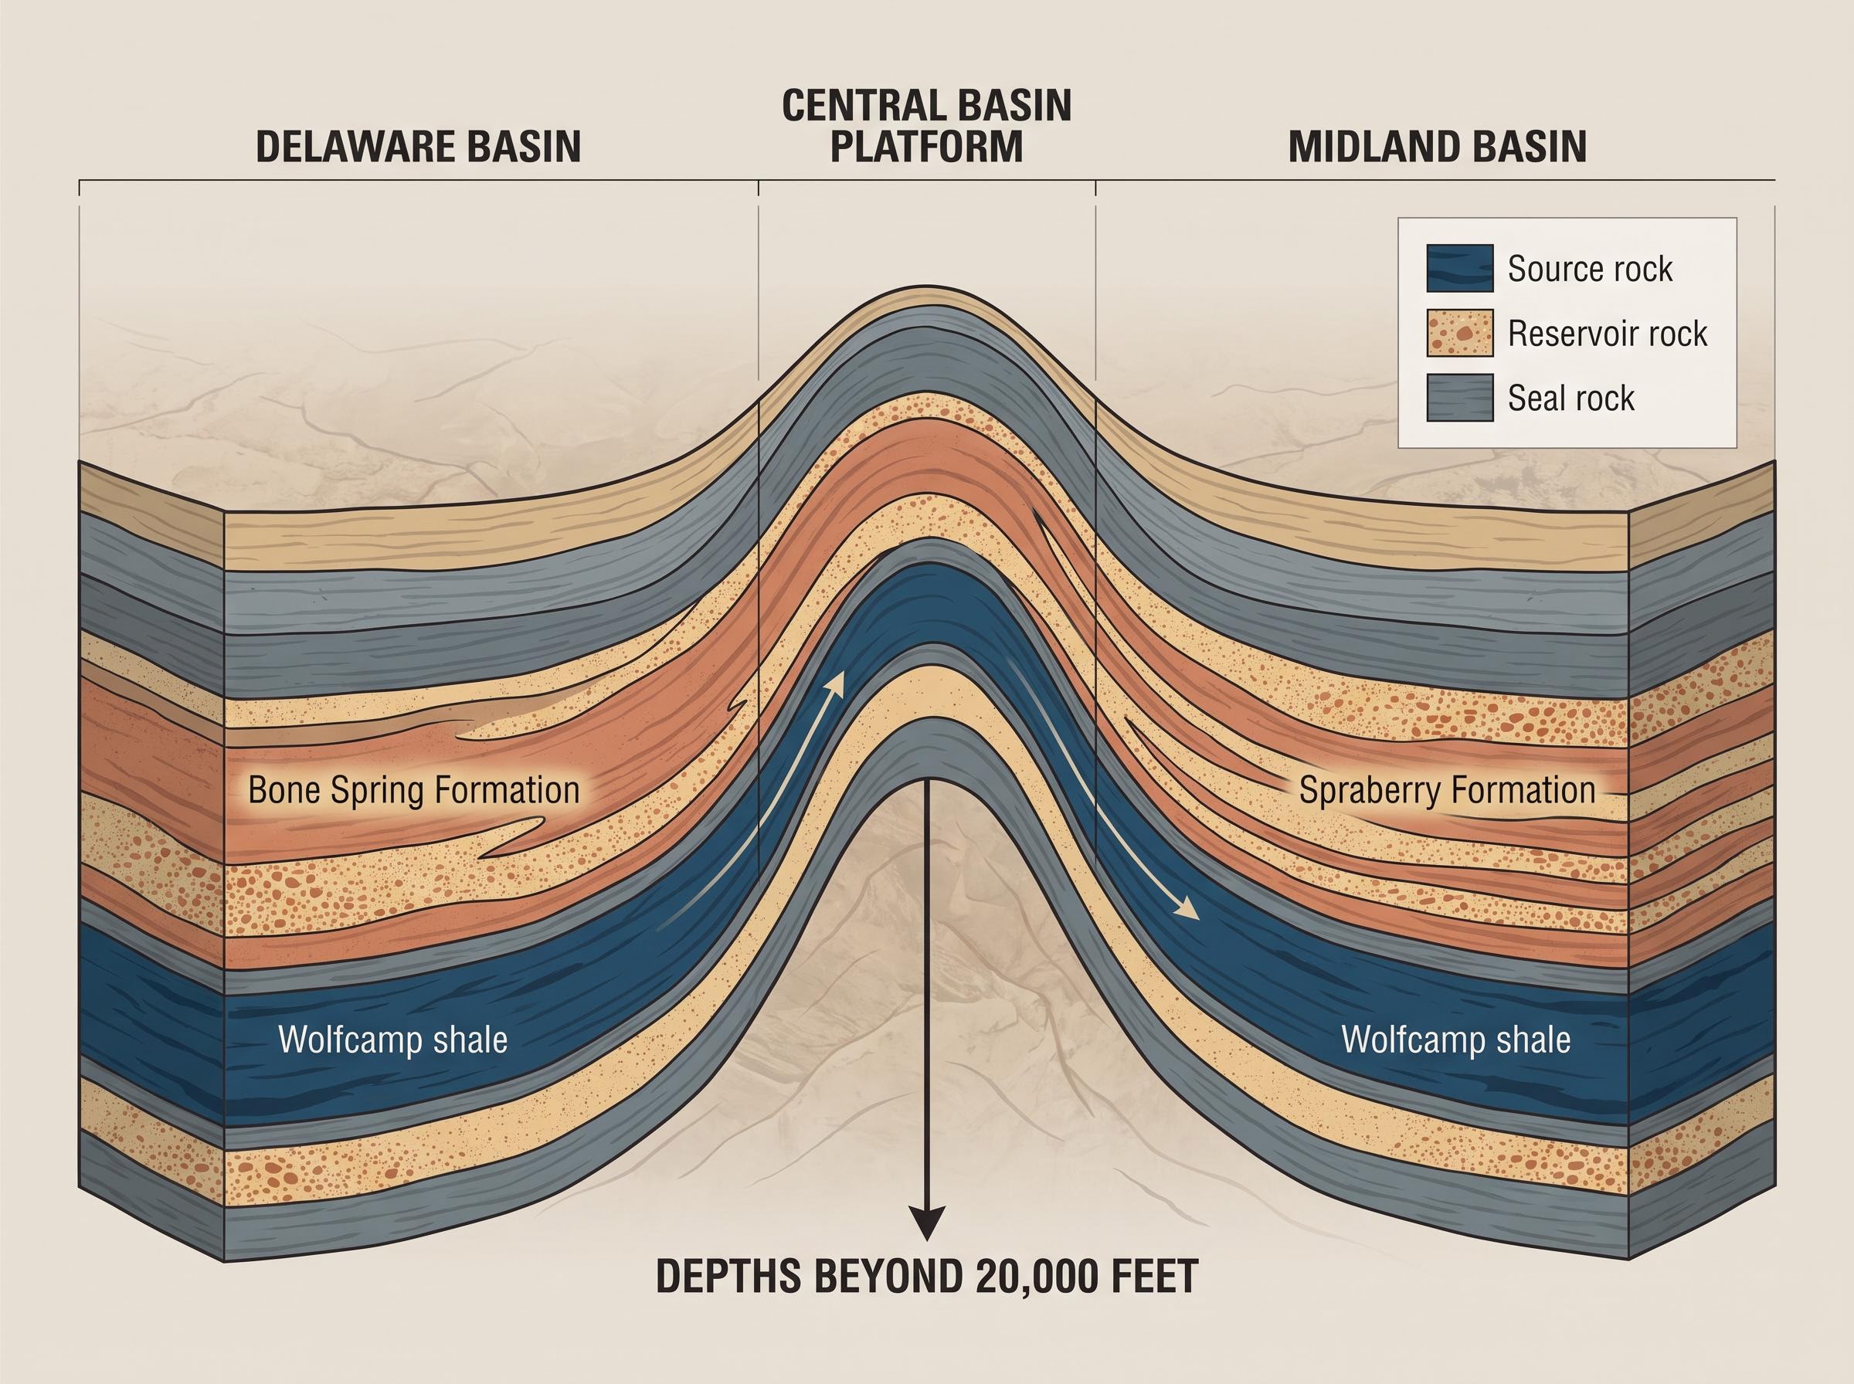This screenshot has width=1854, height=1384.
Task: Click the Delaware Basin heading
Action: pyautogui.click(x=418, y=146)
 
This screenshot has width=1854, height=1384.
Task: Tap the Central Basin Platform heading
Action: pyautogui.click(x=926, y=125)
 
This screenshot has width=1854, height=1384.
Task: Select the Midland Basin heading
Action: pyautogui.click(x=1438, y=146)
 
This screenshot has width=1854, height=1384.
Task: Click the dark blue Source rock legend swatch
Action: pyautogui.click(x=1459, y=268)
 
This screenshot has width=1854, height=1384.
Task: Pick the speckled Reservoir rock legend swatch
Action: pyautogui.click(x=1459, y=333)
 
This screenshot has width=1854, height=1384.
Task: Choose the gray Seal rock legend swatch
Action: pyautogui.click(x=1459, y=397)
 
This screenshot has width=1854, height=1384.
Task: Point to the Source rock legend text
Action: pyautogui.click(x=1590, y=269)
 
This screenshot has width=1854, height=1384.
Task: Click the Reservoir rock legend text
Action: pyautogui.click(x=1608, y=334)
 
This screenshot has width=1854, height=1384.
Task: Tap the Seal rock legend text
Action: pyautogui.click(x=1570, y=398)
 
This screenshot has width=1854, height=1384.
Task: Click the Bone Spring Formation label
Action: pyautogui.click(x=414, y=791)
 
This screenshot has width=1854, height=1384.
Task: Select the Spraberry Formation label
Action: pyautogui.click(x=1447, y=791)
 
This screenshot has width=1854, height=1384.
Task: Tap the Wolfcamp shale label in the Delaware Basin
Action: pyautogui.click(x=393, y=1040)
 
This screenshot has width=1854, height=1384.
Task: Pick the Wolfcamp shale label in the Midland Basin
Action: pyautogui.click(x=1456, y=1040)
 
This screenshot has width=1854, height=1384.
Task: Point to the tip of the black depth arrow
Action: pyautogui.click(x=926, y=1240)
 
